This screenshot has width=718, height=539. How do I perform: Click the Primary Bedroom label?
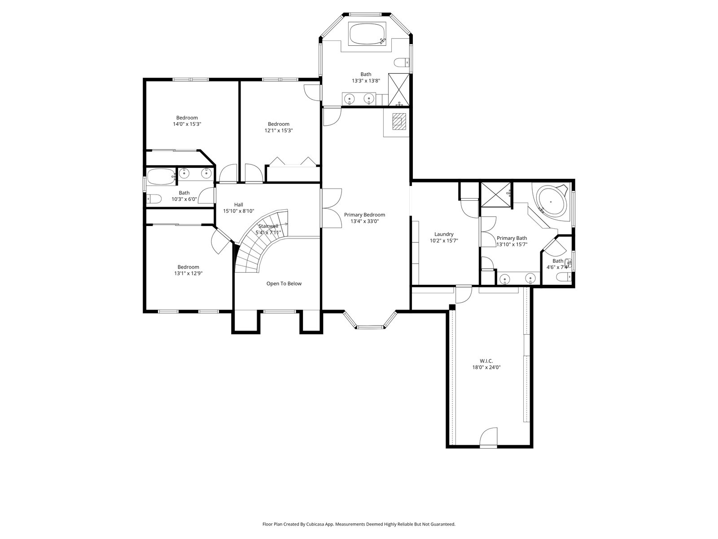364,215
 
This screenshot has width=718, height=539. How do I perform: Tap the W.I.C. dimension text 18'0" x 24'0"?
486,367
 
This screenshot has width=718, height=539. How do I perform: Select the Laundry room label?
443,234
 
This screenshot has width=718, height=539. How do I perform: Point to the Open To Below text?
284,283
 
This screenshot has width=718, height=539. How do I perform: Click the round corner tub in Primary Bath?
552,200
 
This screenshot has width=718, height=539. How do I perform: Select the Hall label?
238,204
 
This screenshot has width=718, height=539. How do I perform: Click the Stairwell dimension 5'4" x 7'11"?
268,232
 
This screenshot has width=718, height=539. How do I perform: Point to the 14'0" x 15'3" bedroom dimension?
187,124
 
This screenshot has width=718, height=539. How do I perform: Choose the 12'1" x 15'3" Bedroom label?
279,124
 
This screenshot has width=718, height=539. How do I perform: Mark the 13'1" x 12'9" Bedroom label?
188,267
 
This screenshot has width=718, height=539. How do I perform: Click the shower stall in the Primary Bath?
495,195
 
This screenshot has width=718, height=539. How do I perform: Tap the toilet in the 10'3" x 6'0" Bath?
154,199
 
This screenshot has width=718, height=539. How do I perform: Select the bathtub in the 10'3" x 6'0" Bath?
162,177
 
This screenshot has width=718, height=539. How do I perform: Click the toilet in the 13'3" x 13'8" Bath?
402,62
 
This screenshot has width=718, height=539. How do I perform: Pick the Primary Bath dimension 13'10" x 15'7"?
512,244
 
